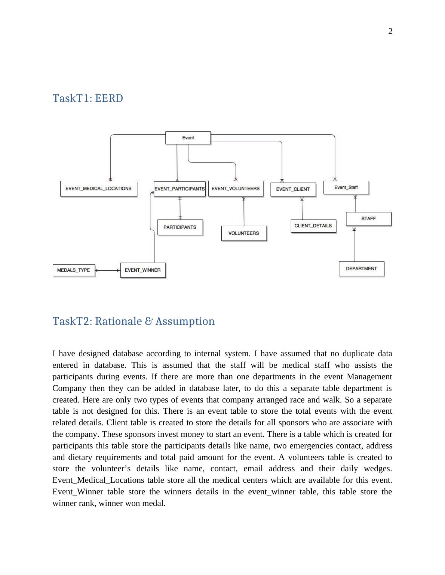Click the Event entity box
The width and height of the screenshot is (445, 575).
point(188,138)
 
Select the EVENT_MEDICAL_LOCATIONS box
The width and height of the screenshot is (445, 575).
point(98,189)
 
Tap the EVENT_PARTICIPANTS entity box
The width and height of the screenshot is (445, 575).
point(179,189)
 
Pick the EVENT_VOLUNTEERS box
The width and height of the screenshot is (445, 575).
point(236,189)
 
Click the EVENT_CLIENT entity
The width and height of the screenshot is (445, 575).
point(293,189)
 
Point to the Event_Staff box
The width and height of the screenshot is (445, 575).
point(346,187)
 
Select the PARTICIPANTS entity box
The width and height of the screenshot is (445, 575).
point(180,227)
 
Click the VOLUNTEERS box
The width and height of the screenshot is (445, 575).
point(244,233)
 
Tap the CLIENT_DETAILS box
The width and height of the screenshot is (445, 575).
point(313,226)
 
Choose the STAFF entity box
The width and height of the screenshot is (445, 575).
point(368,219)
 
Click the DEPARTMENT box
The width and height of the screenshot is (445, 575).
point(361,269)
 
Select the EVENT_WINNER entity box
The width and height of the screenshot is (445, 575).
point(142,270)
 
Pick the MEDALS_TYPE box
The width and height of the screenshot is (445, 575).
point(74,270)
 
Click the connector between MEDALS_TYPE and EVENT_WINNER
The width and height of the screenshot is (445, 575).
point(108,270)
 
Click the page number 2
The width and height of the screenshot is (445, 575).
point(390,31)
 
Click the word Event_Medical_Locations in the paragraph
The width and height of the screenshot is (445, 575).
point(98,480)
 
